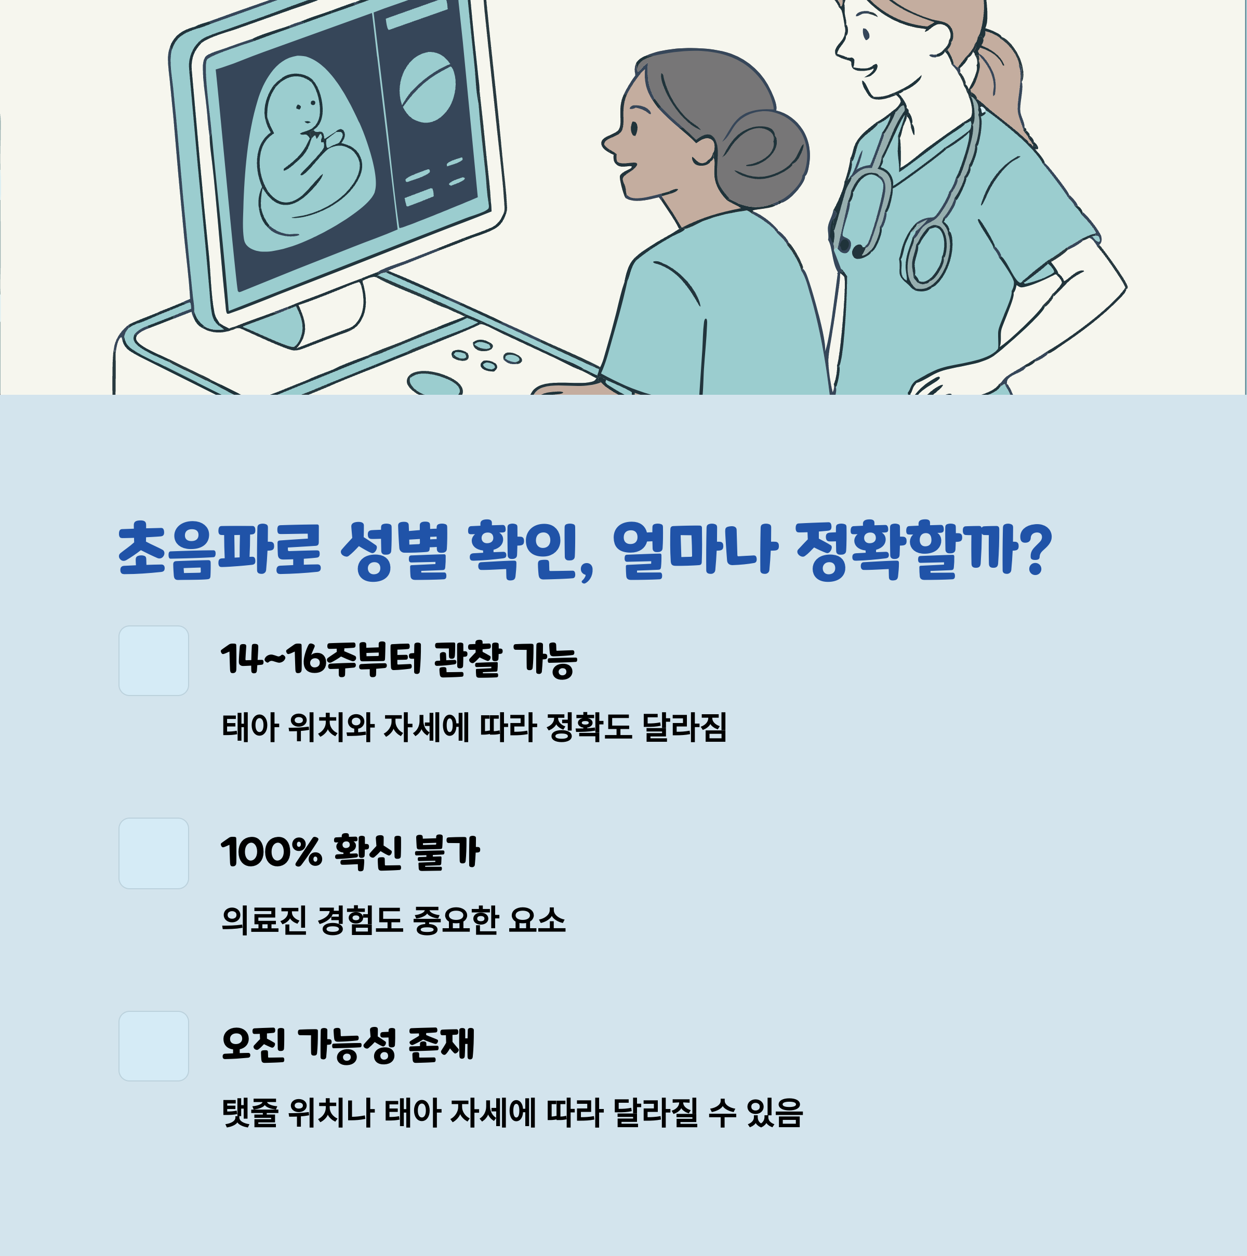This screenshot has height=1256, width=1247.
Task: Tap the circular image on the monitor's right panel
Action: [x=427, y=87]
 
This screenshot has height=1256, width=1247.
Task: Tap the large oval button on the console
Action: [x=434, y=383]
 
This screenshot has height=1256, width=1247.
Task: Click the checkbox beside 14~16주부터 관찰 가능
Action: [x=153, y=661]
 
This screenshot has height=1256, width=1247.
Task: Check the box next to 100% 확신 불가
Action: [x=153, y=853]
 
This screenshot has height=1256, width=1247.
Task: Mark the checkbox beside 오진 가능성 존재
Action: [x=153, y=1046]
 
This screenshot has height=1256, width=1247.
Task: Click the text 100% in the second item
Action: [x=271, y=852]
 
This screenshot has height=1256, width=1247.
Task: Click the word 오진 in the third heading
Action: [x=253, y=1045]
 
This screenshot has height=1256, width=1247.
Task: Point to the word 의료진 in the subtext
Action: [x=263, y=920]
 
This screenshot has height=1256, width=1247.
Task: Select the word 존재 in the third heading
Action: [x=442, y=1045]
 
